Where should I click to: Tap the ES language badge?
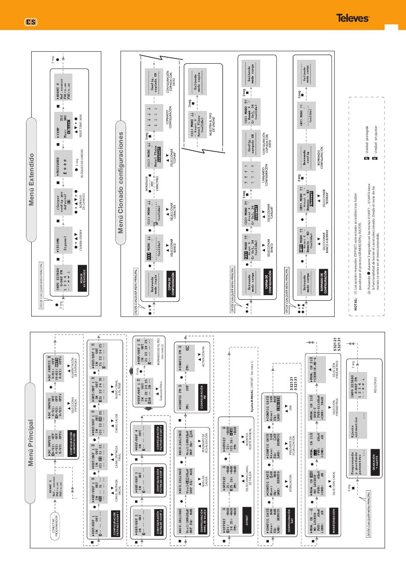30,21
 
